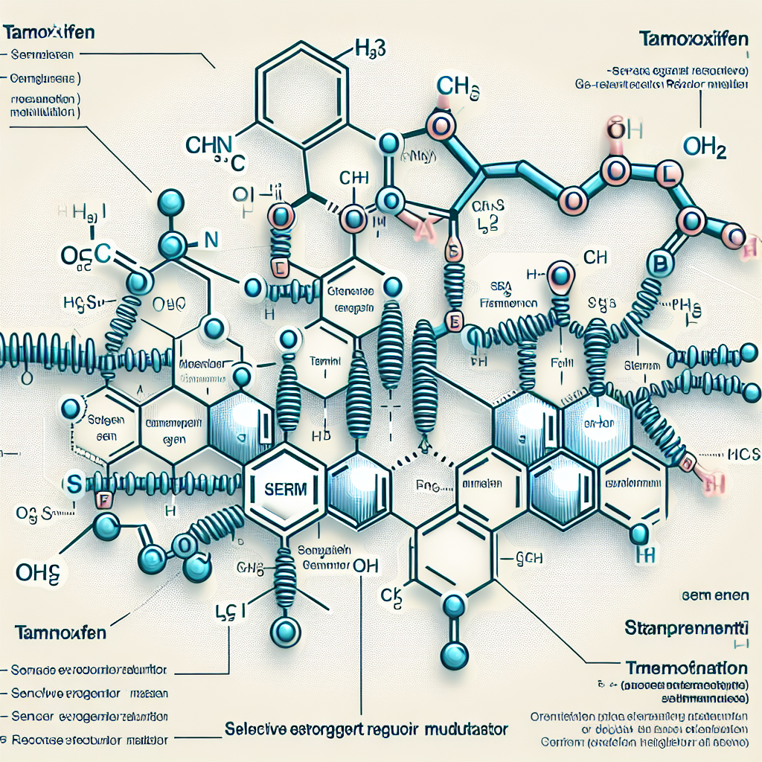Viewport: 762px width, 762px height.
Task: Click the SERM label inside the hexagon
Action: pos(285,487)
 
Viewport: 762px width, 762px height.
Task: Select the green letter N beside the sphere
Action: pos(211,240)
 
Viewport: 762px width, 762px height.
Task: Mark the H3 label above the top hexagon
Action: pos(368,54)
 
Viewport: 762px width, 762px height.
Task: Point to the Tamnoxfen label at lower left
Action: pos(62,633)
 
